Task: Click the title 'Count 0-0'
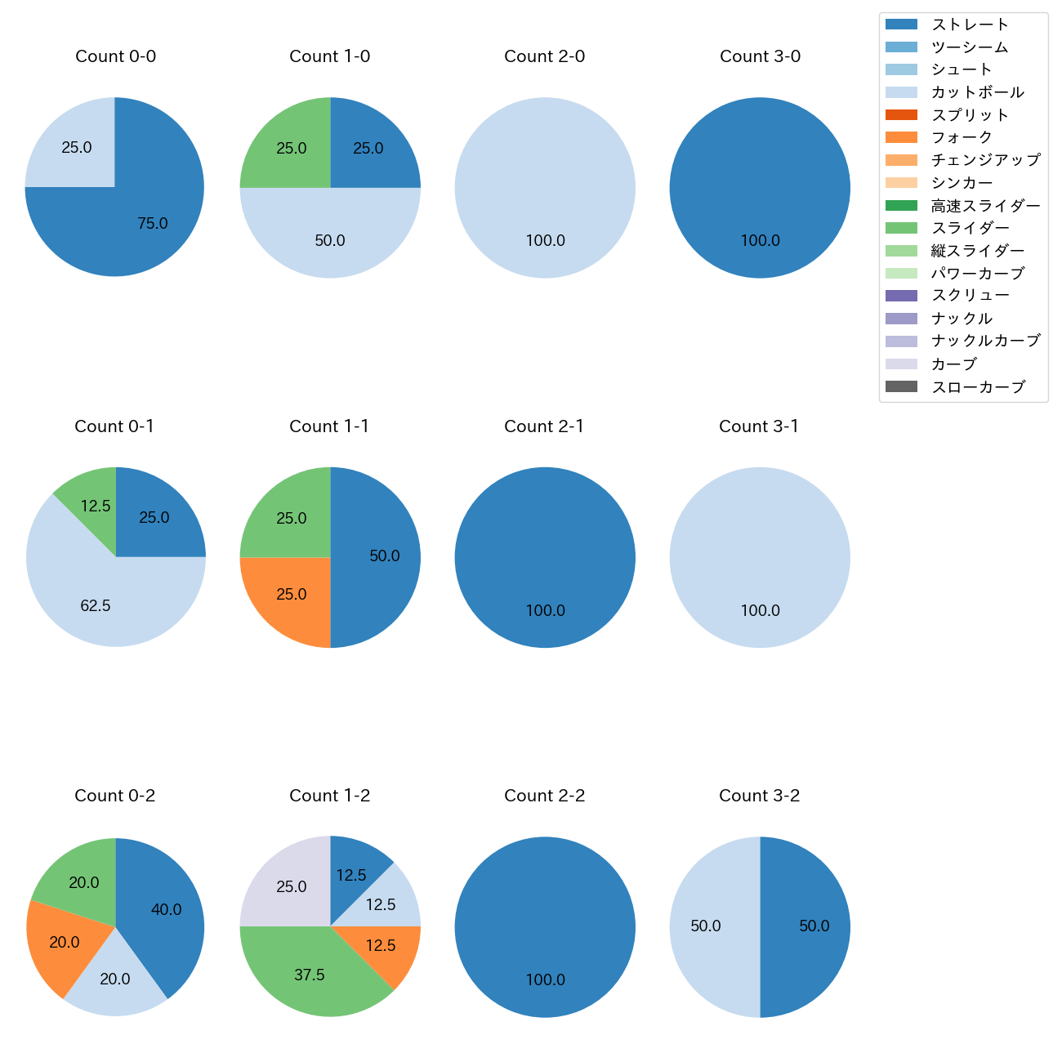(115, 56)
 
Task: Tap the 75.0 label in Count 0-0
(153, 223)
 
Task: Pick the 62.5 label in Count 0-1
(96, 605)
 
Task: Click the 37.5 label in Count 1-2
(310, 975)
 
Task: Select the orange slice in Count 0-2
(61, 944)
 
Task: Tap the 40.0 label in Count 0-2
(167, 909)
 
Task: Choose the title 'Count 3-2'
(759, 796)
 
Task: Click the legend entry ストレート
(970, 25)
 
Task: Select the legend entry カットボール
(977, 92)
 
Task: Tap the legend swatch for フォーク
(901, 137)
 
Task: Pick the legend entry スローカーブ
(978, 387)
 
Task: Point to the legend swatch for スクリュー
(901, 296)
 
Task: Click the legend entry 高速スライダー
(985, 206)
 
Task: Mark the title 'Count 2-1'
(544, 426)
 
